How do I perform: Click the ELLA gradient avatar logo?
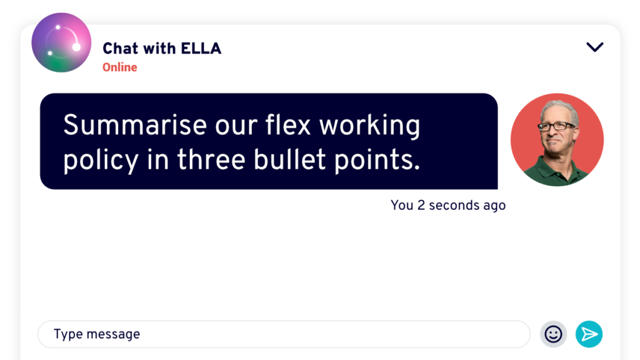[x=61, y=42]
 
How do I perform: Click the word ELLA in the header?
[x=201, y=49]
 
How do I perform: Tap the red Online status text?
[x=119, y=67]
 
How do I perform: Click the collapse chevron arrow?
[x=595, y=47]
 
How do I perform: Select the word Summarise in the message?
[x=135, y=125]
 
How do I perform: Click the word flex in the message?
[x=288, y=124]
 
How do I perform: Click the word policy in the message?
[x=101, y=161]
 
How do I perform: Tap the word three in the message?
[x=211, y=159]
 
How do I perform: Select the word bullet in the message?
[x=289, y=159]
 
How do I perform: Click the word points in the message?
[x=377, y=161]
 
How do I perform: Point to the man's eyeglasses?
[x=557, y=126]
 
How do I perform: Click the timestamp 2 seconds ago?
[x=462, y=205]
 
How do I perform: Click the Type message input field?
[x=284, y=334]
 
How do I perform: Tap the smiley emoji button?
[x=553, y=334]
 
